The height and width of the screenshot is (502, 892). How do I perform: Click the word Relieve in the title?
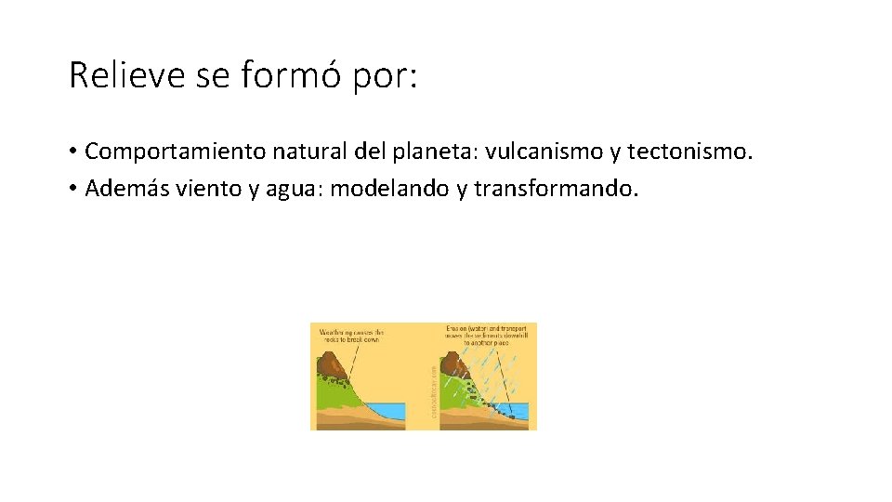coord(127,76)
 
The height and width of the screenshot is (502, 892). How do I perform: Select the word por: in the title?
coord(386,76)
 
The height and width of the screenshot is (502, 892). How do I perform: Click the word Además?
coord(122,189)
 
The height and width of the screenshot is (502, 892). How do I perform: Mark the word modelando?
coord(389,189)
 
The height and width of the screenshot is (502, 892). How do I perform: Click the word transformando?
coord(556,189)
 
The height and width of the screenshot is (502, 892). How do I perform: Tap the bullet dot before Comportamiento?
coord(72,152)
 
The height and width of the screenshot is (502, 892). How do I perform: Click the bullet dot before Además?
coord(72,190)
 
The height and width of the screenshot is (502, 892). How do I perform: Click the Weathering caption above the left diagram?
coord(351,335)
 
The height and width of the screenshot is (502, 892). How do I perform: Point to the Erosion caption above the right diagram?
coord(485,335)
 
